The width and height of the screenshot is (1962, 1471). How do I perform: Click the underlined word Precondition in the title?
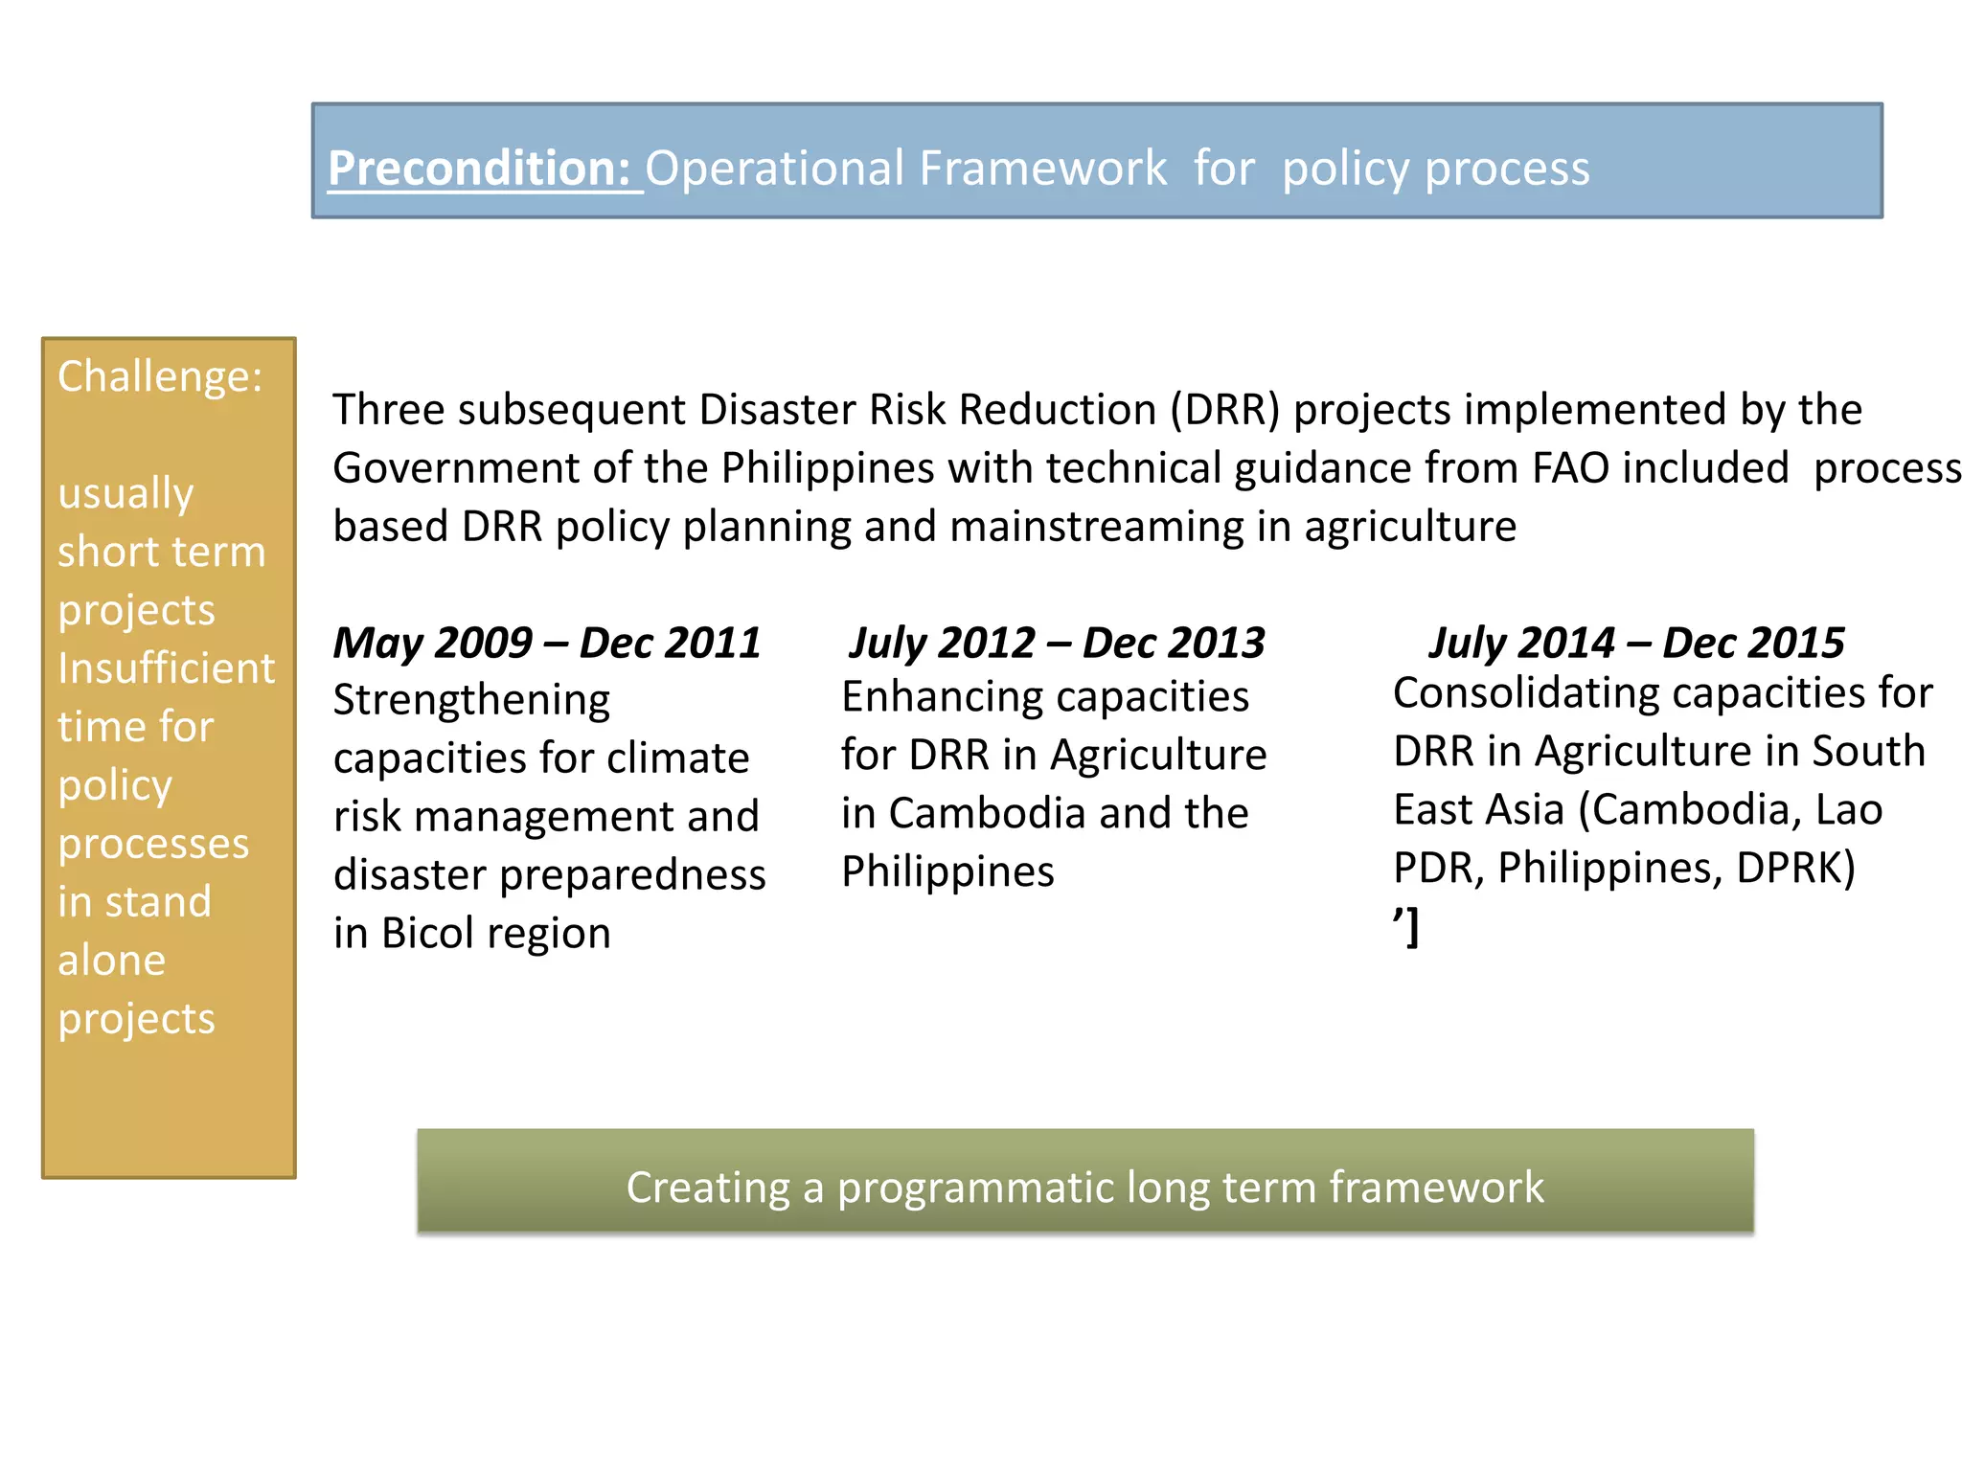coord(477,169)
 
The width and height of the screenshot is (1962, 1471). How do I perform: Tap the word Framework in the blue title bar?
coord(1042,169)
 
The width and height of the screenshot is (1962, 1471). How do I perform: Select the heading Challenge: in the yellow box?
coord(160,376)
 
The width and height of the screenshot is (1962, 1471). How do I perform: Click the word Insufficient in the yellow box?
coord(166,668)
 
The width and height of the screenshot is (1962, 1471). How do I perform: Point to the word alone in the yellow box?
coord(111,961)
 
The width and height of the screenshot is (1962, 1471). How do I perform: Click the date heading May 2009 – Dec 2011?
coord(546,643)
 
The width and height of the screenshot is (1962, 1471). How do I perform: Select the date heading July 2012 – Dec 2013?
coord(1057,643)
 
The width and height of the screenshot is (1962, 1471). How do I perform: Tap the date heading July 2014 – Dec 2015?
coord(1636,643)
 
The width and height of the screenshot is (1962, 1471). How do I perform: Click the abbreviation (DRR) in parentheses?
coord(1224,410)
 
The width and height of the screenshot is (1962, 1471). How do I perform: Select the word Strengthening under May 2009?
coord(471,700)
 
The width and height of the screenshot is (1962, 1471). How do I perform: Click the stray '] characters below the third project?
coord(1405,927)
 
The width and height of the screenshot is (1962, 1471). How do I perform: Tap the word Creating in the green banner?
coord(708,1188)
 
